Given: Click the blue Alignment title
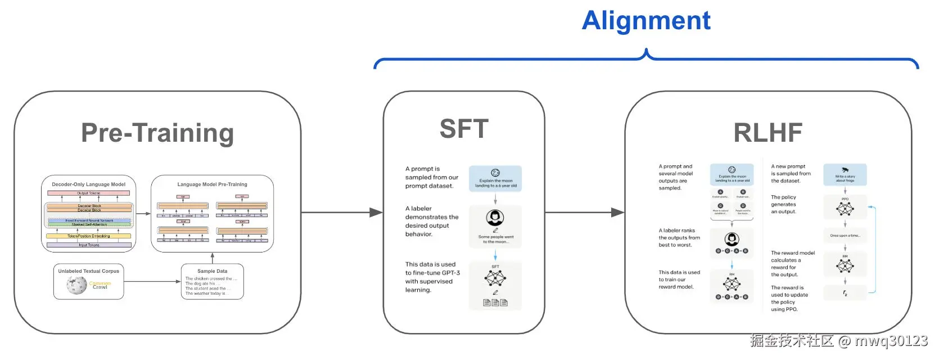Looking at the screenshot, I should point(646,21).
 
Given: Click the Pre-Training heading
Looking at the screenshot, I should point(157,133).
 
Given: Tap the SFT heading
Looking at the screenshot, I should point(464,129).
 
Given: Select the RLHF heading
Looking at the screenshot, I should point(768,133).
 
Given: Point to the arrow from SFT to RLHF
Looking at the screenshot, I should point(585,213).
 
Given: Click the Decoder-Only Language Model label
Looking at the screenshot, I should point(89,184).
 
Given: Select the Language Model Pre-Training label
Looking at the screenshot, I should point(212,184).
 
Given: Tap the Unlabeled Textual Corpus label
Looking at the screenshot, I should point(89,271).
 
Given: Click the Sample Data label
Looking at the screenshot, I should point(212,271).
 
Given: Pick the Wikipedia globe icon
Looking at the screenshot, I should point(76,285).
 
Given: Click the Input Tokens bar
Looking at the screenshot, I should point(89,245).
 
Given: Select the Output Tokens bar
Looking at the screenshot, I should point(89,193).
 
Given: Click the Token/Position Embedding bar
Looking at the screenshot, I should point(89,236).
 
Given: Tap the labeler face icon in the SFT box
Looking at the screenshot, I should point(495,217).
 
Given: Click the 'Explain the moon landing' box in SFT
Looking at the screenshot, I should point(495,178).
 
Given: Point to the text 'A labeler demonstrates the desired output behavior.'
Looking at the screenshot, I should point(431,221).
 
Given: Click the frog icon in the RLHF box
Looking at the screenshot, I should point(845,170).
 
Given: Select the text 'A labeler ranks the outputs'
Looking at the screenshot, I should point(679,237).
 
